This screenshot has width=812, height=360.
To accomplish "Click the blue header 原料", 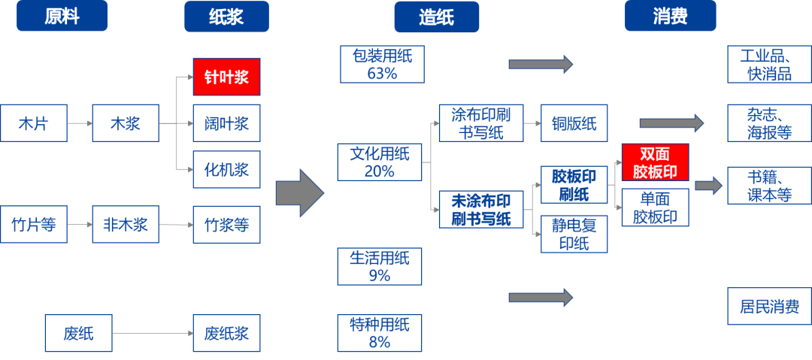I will pyautogui.click(x=62, y=17).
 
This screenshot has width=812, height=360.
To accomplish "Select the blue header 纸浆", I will pyautogui.click(x=226, y=17).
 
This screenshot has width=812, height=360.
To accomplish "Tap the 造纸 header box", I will pyautogui.click(x=436, y=17).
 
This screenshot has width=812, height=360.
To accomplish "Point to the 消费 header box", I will pyautogui.click(x=670, y=17).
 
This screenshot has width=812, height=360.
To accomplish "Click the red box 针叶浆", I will pyautogui.click(x=226, y=77).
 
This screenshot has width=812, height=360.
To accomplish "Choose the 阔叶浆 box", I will pyautogui.click(x=226, y=123).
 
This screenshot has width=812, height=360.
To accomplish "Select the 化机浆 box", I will pyautogui.click(x=226, y=169).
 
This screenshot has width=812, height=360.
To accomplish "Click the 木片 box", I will pyautogui.click(x=33, y=123).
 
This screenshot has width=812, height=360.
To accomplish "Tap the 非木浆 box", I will pyautogui.click(x=126, y=224).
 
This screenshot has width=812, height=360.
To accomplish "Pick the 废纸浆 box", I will pyautogui.click(x=226, y=332).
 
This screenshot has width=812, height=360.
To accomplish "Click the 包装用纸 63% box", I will pyautogui.click(x=381, y=64).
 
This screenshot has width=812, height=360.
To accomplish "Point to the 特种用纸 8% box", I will pyautogui.click(x=380, y=333).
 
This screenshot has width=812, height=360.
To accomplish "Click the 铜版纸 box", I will pyautogui.click(x=574, y=123).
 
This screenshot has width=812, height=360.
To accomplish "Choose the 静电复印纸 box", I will pyautogui.click(x=574, y=233).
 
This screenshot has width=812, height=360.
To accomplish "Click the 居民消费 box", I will pyautogui.click(x=769, y=307).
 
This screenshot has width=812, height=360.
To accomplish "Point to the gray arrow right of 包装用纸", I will pyautogui.click(x=541, y=64).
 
